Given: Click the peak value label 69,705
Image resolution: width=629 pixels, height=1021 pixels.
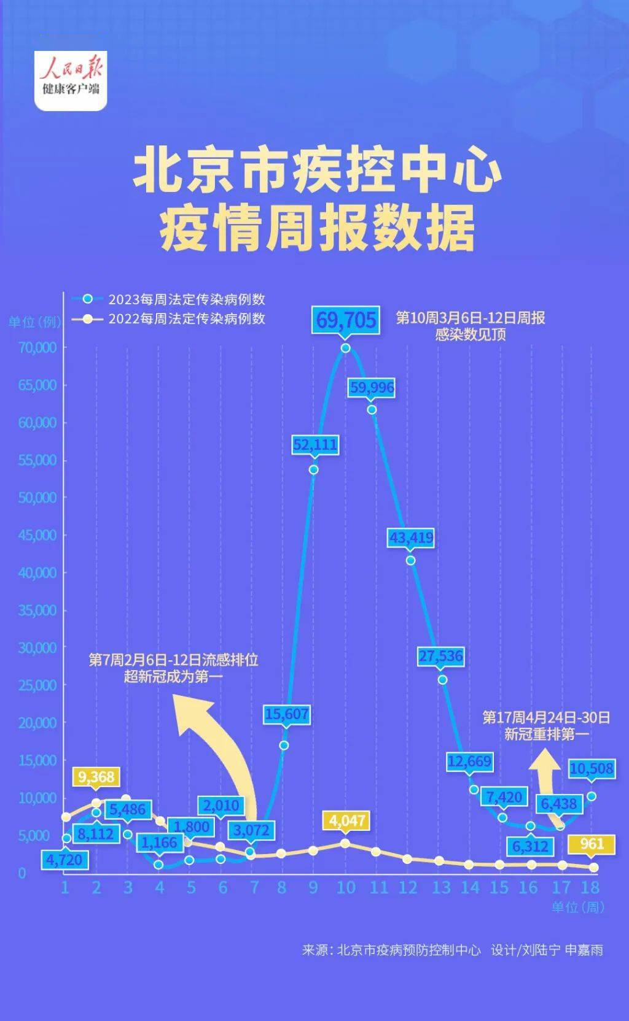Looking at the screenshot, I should (346, 320).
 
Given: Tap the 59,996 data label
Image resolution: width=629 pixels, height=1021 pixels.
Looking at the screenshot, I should (372, 388).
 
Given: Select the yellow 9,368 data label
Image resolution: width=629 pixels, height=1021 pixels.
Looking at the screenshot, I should (96, 777).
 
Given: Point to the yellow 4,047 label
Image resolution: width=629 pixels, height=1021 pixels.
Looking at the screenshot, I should (347, 820).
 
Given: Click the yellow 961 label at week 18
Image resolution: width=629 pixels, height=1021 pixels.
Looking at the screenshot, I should (592, 844).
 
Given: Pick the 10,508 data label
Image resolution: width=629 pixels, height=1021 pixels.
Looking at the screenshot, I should (591, 768).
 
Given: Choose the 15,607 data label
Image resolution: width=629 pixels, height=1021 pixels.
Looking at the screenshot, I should (286, 714).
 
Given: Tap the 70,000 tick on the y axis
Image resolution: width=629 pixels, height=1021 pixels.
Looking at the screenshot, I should (38, 347).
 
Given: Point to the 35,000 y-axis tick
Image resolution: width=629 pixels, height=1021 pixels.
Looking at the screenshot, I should (38, 610).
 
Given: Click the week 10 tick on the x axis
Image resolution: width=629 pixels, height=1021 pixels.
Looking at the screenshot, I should (346, 887).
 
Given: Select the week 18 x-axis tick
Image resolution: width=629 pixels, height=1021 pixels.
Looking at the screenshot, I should (590, 887).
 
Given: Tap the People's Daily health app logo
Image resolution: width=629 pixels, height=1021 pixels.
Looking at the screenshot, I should (71, 80).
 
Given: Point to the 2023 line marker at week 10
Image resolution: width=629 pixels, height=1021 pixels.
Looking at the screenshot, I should (346, 348).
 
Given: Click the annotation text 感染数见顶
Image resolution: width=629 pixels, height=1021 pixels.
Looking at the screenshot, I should (471, 334).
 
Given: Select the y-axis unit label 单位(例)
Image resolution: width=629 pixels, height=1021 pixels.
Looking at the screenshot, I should (34, 322).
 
